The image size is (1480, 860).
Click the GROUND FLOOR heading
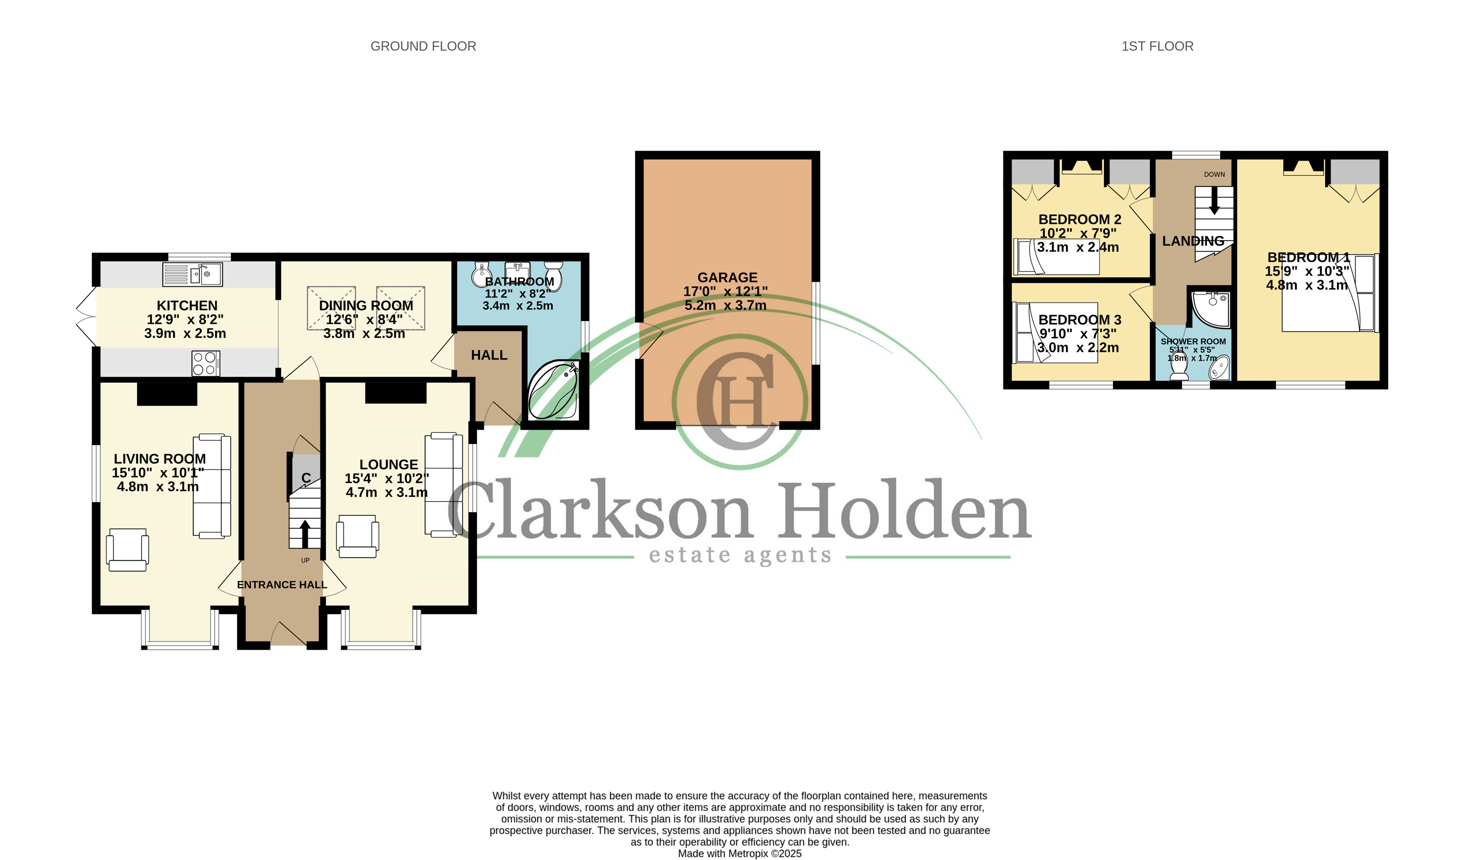tap(423, 46)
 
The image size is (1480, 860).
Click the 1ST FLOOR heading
tap(1157, 46)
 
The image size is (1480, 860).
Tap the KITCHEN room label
tap(187, 306)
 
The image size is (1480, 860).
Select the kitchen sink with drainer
tap(192, 274)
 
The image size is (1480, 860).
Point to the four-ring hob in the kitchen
tap(206, 363)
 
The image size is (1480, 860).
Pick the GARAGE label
tap(727, 277)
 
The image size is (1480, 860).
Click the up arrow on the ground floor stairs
tap(305, 533)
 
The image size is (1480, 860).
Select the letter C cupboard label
tap(306, 478)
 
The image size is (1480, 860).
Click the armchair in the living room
tap(127, 550)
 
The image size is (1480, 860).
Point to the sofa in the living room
tap(212, 486)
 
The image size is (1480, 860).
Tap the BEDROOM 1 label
tap(1309, 257)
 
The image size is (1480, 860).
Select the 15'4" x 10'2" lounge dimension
tap(387, 478)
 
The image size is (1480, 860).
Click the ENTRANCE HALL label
tap(282, 584)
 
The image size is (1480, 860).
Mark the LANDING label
tap(1193, 241)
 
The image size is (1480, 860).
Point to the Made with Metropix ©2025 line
tap(739, 854)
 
